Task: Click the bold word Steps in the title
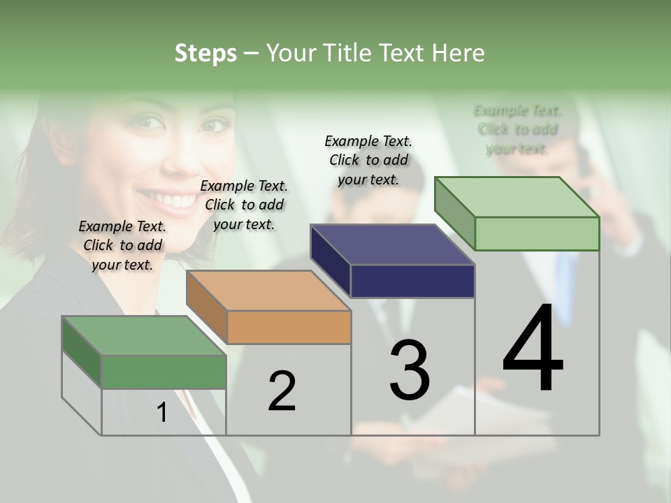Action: point(205,53)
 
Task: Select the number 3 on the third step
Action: point(410,370)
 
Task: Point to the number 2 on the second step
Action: point(282,391)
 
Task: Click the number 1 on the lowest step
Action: point(161,413)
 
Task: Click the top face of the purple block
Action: point(392,245)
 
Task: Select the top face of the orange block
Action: point(268,291)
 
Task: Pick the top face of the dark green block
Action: point(144,336)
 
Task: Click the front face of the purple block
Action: point(412,282)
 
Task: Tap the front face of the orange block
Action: point(289,328)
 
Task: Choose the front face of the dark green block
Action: point(164,372)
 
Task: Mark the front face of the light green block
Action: point(537,234)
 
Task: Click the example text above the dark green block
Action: point(122,246)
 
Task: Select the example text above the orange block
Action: point(244,205)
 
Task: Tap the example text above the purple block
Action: point(368,161)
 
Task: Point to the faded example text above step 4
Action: point(517,129)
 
